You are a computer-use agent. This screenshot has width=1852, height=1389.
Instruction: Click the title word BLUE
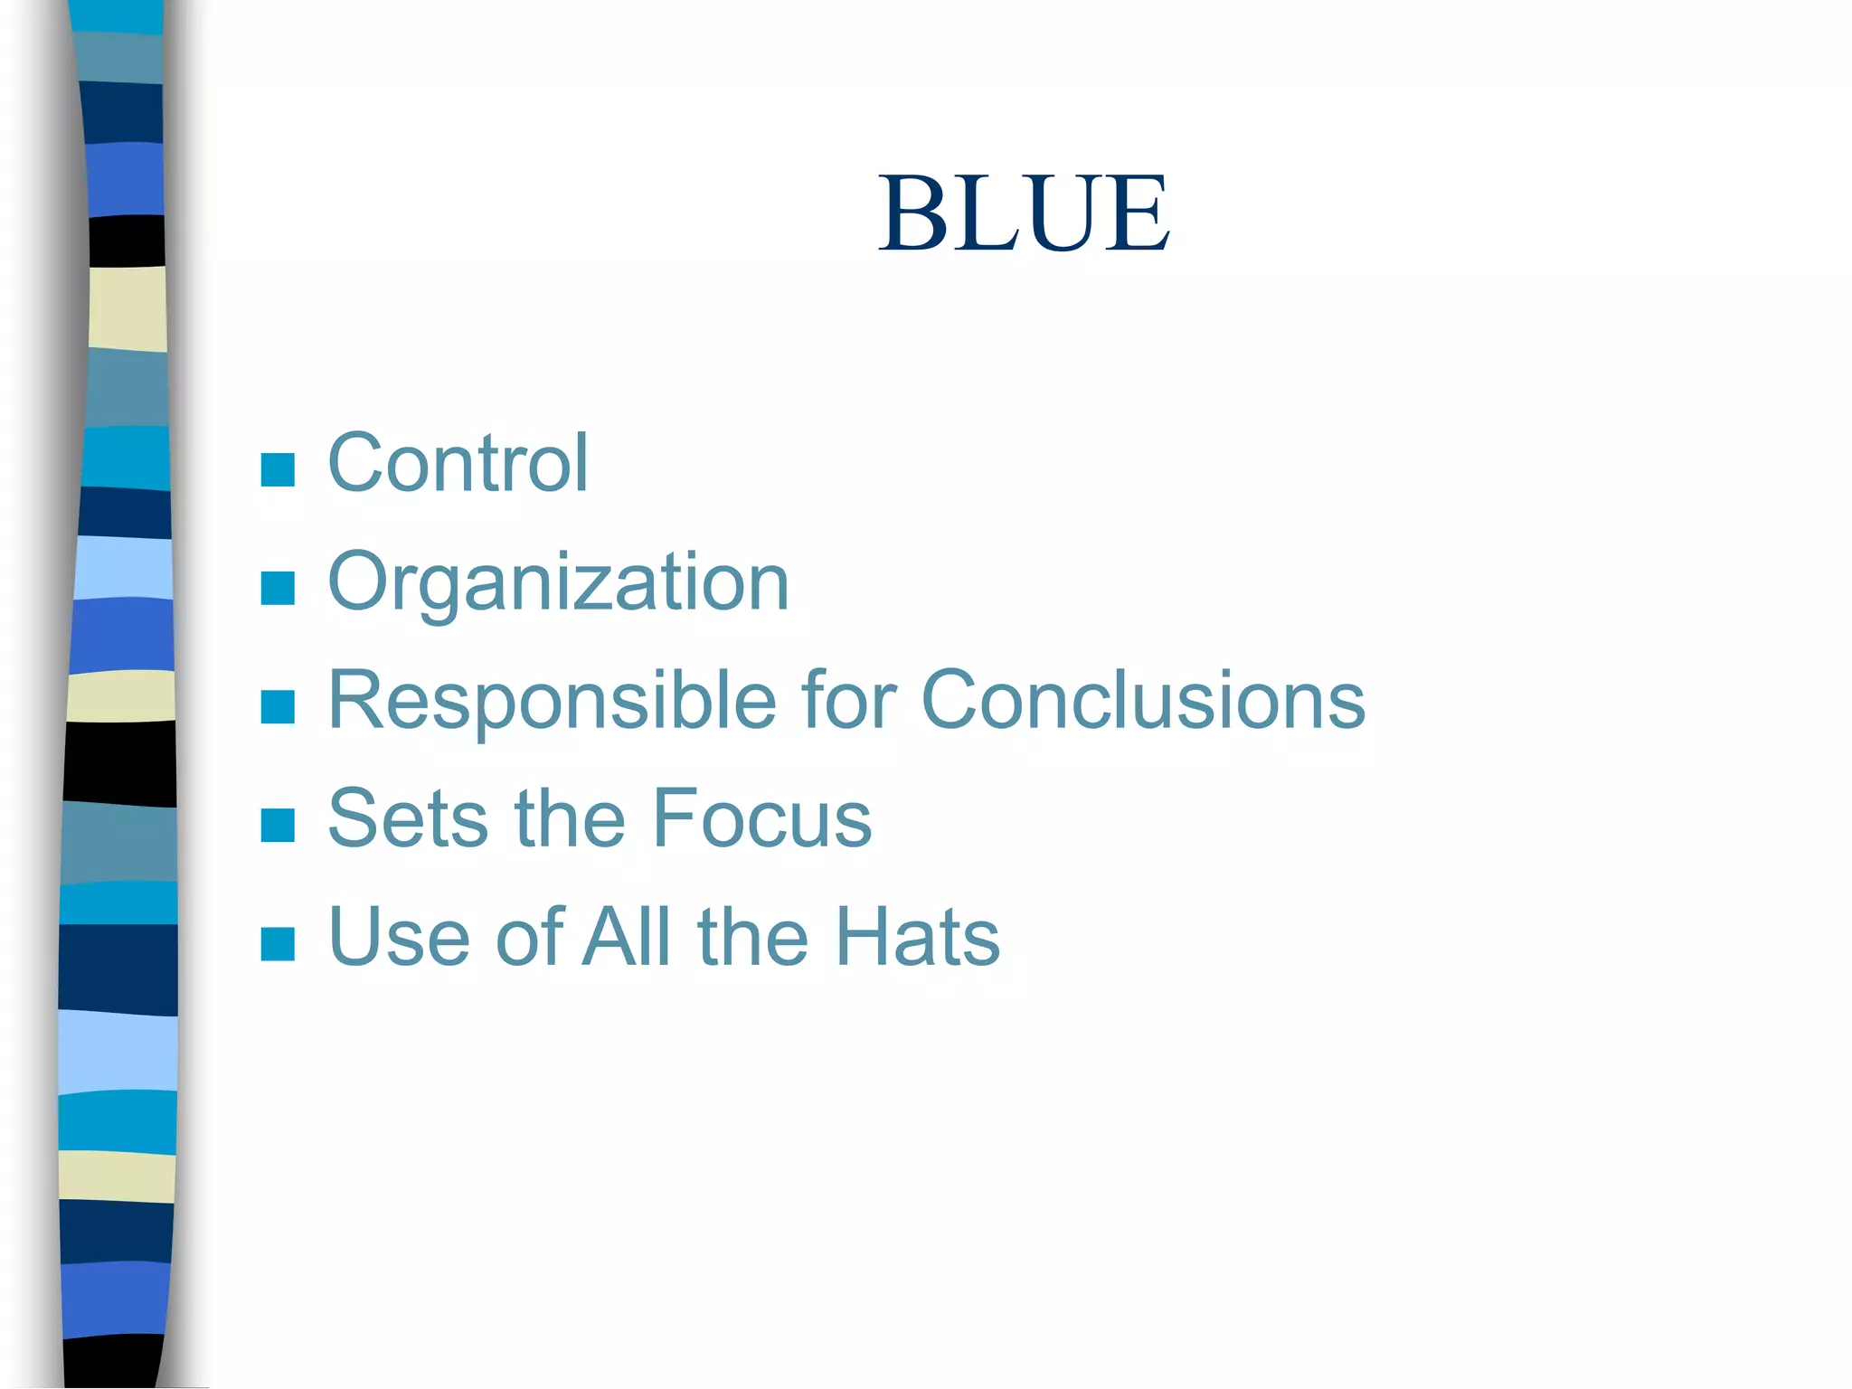(x=1024, y=213)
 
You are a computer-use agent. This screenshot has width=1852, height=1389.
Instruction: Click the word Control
(x=458, y=464)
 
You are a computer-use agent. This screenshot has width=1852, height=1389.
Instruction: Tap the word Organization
(x=558, y=583)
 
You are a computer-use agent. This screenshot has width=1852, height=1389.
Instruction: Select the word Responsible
(x=552, y=701)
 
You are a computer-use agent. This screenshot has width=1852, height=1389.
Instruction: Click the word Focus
(x=761, y=819)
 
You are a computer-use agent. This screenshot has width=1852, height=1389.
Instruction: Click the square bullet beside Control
(x=278, y=470)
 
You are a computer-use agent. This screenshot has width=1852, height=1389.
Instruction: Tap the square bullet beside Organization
(x=278, y=588)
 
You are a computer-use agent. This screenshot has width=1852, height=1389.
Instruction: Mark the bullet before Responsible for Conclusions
(x=278, y=707)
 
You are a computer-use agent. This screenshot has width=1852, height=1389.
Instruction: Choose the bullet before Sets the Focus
(x=278, y=825)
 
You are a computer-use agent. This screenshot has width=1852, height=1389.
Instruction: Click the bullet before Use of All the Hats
(x=278, y=943)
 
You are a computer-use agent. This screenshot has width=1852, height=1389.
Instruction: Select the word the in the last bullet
(x=752, y=938)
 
